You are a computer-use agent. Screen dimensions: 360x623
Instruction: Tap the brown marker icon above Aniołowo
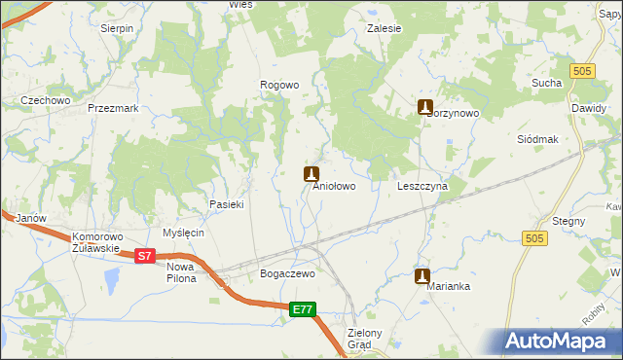tap(311, 174)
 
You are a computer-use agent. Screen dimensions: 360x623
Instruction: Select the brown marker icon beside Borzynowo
tap(424, 107)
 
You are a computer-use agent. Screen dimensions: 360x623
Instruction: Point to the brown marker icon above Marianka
tap(421, 276)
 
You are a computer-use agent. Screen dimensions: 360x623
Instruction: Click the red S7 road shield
tap(144, 256)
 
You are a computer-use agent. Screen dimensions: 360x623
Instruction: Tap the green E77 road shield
tap(303, 309)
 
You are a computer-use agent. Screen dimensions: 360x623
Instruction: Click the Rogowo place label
tap(279, 86)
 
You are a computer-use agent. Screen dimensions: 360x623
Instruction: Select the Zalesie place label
tap(384, 29)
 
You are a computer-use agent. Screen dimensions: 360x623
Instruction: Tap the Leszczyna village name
tap(422, 186)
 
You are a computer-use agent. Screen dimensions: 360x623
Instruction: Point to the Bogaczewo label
tap(287, 274)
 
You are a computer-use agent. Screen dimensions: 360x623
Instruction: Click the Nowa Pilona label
tap(181, 272)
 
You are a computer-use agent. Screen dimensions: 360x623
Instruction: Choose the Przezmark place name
tap(108, 109)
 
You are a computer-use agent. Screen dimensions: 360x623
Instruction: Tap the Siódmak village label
tap(537, 139)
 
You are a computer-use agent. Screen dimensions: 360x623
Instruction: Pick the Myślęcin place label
tap(183, 234)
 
